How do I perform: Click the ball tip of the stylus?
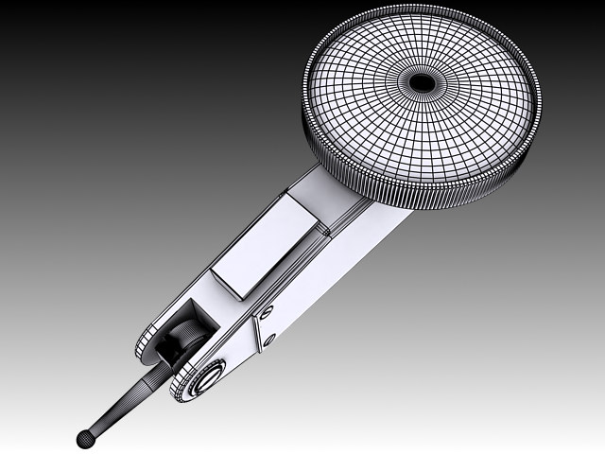pyautogui.click(x=86, y=438)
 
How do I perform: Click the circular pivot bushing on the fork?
pyautogui.click(x=202, y=378)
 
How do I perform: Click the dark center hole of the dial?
pyautogui.click(x=423, y=83)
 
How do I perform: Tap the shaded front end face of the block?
pyautogui.click(x=232, y=283)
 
